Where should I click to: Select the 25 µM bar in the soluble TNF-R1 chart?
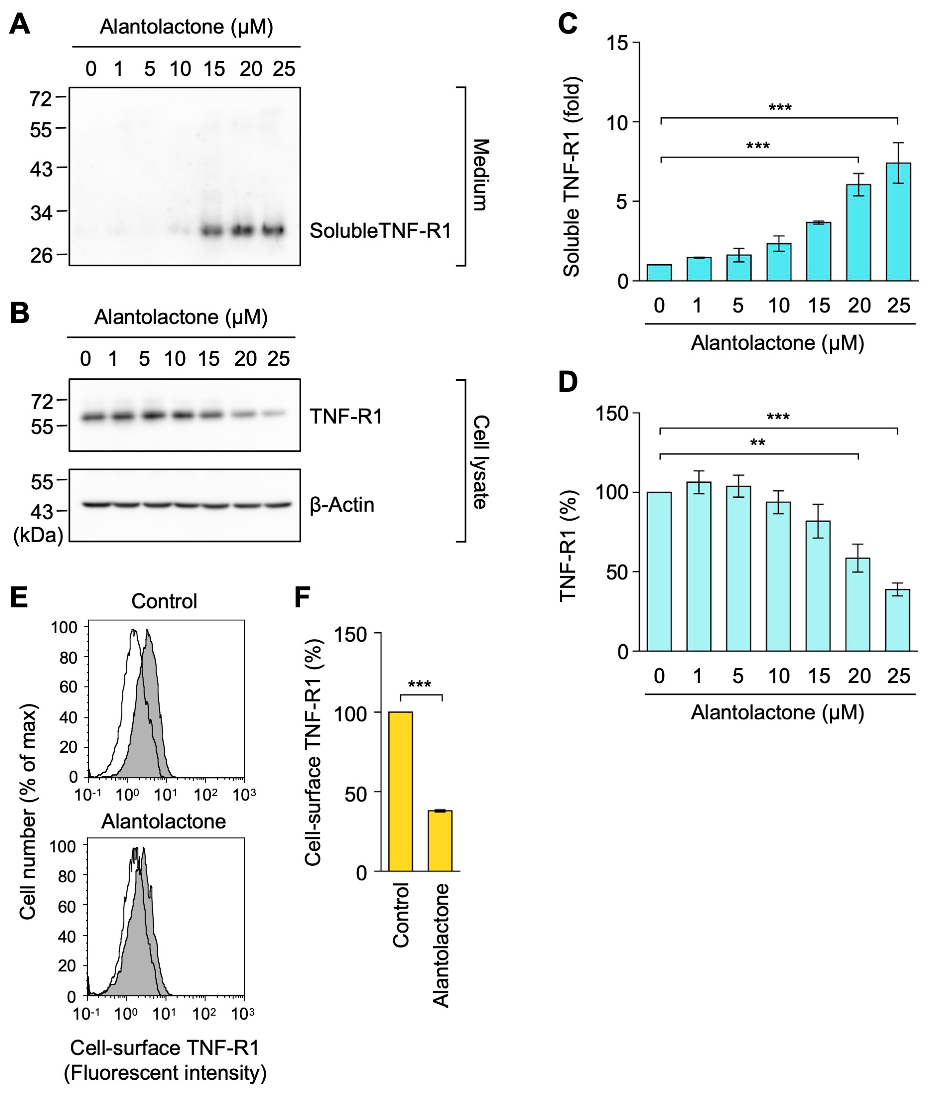pyautogui.click(x=898, y=222)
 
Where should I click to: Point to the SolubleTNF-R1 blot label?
pyautogui.click(x=380, y=231)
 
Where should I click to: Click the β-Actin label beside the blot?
pyautogui.click(x=342, y=505)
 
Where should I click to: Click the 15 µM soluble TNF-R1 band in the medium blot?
pyautogui.click(x=213, y=230)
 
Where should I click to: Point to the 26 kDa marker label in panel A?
pyautogui.click(x=41, y=256)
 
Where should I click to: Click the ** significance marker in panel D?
pyautogui.click(x=757, y=443)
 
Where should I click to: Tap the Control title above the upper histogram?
pyautogui.click(x=164, y=601)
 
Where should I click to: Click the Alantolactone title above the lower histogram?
pyautogui.click(x=164, y=821)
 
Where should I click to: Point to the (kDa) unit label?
pyautogui.click(x=38, y=535)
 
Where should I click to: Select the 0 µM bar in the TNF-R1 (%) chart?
pyautogui.click(x=659, y=572)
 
